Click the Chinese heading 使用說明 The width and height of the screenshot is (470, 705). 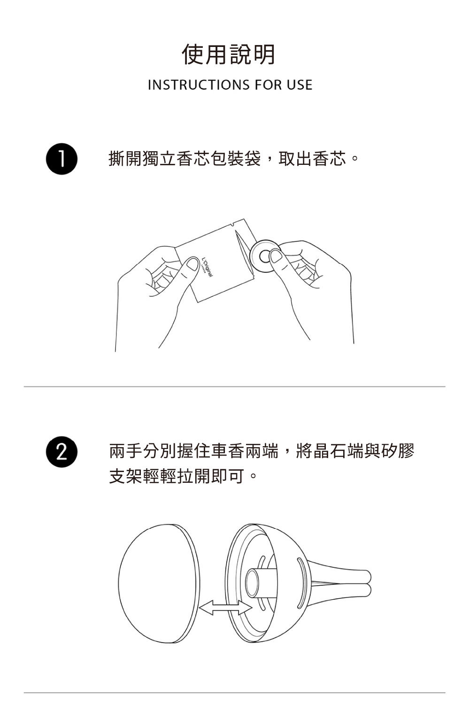(x=229, y=54)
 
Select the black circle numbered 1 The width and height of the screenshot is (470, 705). (x=62, y=159)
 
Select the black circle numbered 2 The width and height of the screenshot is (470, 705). (x=62, y=452)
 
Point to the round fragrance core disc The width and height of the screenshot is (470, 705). (x=265, y=256)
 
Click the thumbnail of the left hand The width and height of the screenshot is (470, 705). (x=193, y=264)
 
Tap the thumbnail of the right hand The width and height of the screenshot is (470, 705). (x=276, y=256)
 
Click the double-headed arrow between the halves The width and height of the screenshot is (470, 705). (x=225, y=607)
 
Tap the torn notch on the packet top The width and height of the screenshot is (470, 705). (x=231, y=225)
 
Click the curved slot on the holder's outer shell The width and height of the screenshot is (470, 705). (x=301, y=583)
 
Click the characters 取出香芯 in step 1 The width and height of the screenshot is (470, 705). (x=312, y=158)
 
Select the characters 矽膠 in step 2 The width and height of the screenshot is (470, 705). (x=398, y=451)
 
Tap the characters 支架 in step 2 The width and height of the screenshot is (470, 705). (x=126, y=476)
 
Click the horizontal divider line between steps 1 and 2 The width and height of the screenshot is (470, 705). (x=235, y=387)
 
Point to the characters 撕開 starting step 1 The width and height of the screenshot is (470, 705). (x=125, y=158)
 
